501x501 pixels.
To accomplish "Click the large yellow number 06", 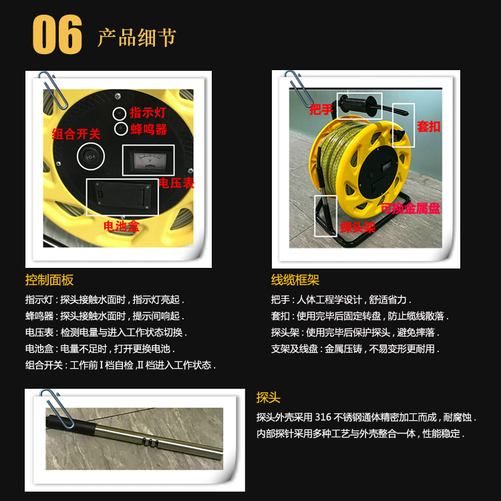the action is [57, 34].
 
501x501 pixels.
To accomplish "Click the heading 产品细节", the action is [137, 37].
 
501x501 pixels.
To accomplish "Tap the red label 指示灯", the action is [148, 112].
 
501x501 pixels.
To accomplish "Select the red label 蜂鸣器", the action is [148, 130].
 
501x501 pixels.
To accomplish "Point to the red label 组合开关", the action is [76, 134].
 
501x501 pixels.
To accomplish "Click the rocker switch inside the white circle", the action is [90, 157].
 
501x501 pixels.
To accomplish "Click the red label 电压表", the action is [176, 183].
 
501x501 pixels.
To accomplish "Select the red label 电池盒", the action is [122, 226].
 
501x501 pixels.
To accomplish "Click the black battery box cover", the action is [122, 196].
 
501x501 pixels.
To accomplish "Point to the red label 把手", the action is [321, 110].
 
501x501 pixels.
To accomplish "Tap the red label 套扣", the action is [428, 126].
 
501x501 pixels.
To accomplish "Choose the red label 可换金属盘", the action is [410, 208].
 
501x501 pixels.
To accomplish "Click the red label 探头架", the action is [357, 228].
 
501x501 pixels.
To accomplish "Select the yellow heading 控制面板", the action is [49, 280].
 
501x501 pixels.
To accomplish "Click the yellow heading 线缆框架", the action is [295, 280].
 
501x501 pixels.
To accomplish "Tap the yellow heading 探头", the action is [268, 398].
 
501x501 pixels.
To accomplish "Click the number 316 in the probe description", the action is [323, 417].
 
